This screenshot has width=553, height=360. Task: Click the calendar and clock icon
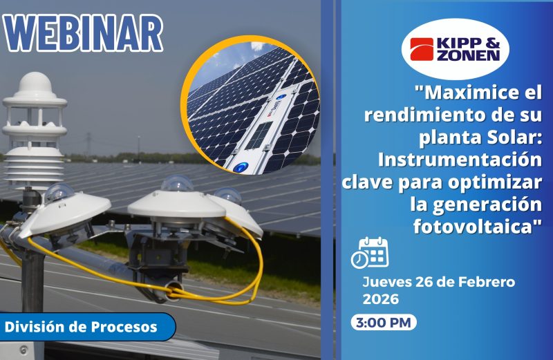coord(370,252)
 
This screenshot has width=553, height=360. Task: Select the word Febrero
coord(487,283)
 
